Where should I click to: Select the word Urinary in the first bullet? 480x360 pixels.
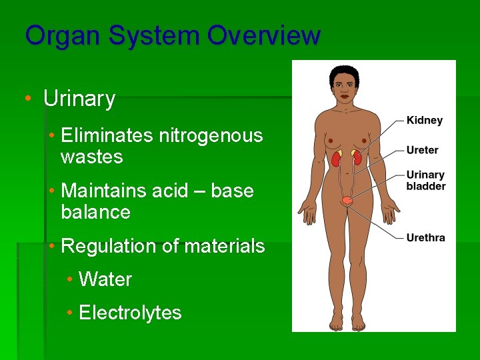(79, 99)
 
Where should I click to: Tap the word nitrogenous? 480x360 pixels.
(211, 136)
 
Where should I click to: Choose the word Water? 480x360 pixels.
(105, 279)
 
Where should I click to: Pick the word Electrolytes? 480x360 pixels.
(130, 313)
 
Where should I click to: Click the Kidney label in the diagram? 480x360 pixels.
(425, 121)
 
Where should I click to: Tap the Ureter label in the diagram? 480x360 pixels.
(423, 150)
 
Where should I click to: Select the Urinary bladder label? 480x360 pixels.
(426, 181)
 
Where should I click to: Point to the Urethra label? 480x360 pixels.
(425, 237)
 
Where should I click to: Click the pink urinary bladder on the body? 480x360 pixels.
(346, 200)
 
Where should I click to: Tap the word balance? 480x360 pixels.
(95, 213)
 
